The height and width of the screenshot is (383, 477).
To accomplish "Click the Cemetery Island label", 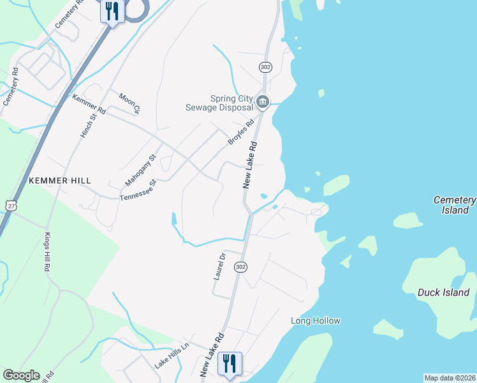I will point(454,205).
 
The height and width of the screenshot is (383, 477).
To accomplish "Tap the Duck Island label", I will point(443,293).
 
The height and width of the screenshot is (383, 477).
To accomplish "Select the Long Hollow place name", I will point(316,321).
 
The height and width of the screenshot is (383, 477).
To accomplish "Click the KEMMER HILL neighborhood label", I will point(60,181).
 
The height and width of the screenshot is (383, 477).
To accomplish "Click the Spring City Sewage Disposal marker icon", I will point(263,102).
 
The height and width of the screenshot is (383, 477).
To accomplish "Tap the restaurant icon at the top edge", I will point(112,11).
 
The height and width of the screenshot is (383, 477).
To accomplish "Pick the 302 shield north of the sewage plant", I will point(266,67).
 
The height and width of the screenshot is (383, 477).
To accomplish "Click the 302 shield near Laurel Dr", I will point(240,267).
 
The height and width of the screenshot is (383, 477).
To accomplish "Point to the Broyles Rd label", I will point(242,131).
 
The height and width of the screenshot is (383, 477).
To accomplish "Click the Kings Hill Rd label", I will point(47,253).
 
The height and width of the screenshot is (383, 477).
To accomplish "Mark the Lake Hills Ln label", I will point(172,356).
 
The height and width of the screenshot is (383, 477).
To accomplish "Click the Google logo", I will point(21,375).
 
